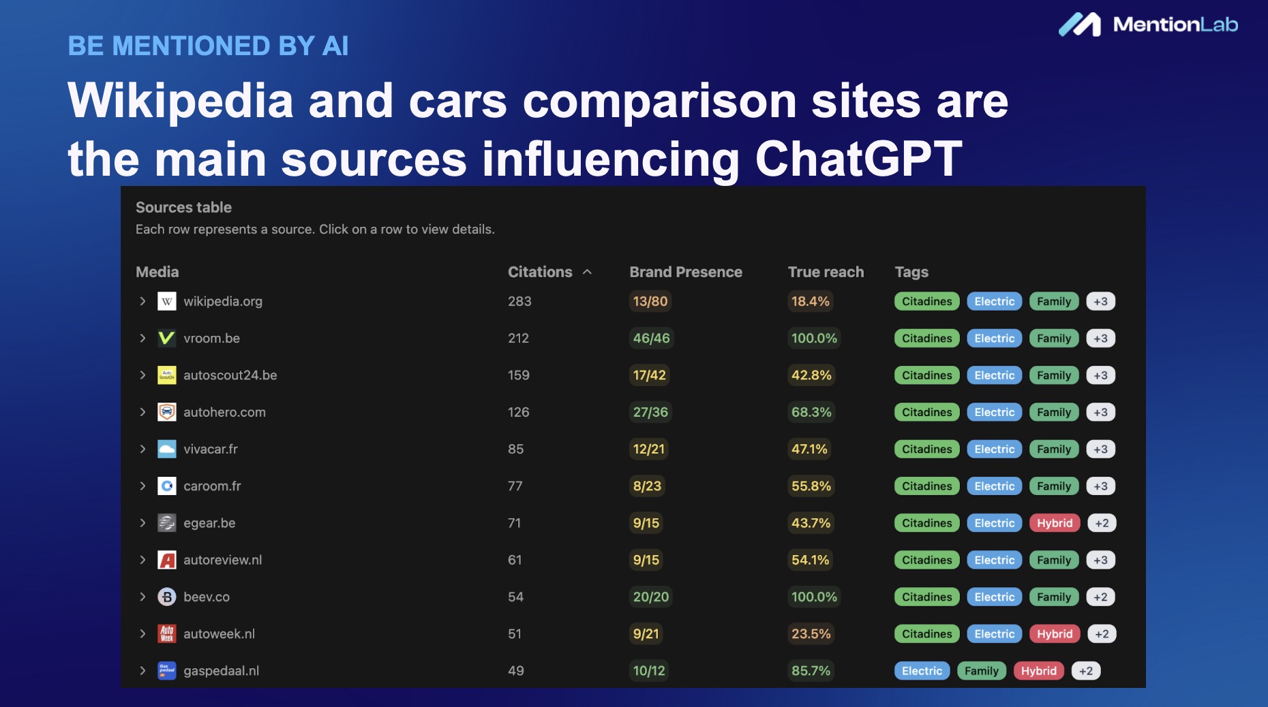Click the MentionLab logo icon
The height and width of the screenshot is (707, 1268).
click(x=1080, y=25)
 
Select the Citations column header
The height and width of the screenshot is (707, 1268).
click(x=540, y=272)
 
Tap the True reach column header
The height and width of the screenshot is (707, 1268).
click(x=826, y=272)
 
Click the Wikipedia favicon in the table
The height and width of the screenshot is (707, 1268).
click(x=167, y=301)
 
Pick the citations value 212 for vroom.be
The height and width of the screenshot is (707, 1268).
click(x=518, y=339)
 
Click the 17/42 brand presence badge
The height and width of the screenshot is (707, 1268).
click(x=650, y=375)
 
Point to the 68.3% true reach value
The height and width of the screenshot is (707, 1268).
click(x=811, y=412)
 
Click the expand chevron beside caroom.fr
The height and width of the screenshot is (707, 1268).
click(x=142, y=486)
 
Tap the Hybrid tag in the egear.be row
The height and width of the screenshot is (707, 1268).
click(x=1055, y=523)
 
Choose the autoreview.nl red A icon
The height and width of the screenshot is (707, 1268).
click(x=167, y=560)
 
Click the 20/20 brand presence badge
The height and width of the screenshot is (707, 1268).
click(x=651, y=597)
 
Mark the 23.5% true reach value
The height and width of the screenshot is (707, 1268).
click(x=811, y=633)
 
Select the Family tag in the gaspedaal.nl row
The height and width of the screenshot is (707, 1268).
click(x=982, y=671)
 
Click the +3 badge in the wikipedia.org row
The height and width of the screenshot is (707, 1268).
click(x=1100, y=302)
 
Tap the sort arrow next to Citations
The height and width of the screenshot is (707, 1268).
click(x=587, y=272)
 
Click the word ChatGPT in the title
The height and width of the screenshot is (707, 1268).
click(x=859, y=159)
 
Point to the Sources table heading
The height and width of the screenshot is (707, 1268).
click(x=183, y=207)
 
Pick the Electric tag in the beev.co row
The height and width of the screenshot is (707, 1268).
click(x=995, y=597)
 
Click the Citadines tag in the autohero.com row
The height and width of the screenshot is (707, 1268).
click(x=927, y=412)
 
